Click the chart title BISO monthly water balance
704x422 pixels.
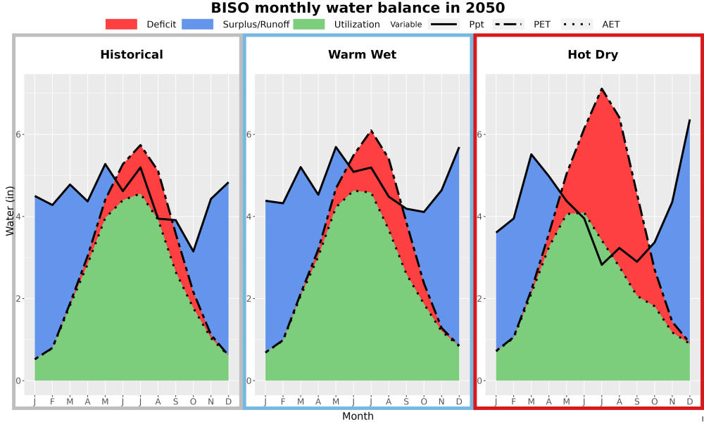[x=358, y=8]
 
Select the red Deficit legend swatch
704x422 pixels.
[x=121, y=24]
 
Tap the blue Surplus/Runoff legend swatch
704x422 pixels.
[x=198, y=24]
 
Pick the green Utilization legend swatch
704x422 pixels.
[x=309, y=24]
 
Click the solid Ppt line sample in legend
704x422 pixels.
[x=444, y=24]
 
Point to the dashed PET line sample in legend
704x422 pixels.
[x=508, y=24]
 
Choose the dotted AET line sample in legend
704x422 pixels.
[x=577, y=24]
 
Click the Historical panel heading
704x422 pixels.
[x=132, y=55]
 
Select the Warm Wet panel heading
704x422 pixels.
[x=363, y=55]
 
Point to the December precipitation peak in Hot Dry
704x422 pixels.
[x=690, y=120]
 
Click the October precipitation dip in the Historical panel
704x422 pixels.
[x=193, y=251]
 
